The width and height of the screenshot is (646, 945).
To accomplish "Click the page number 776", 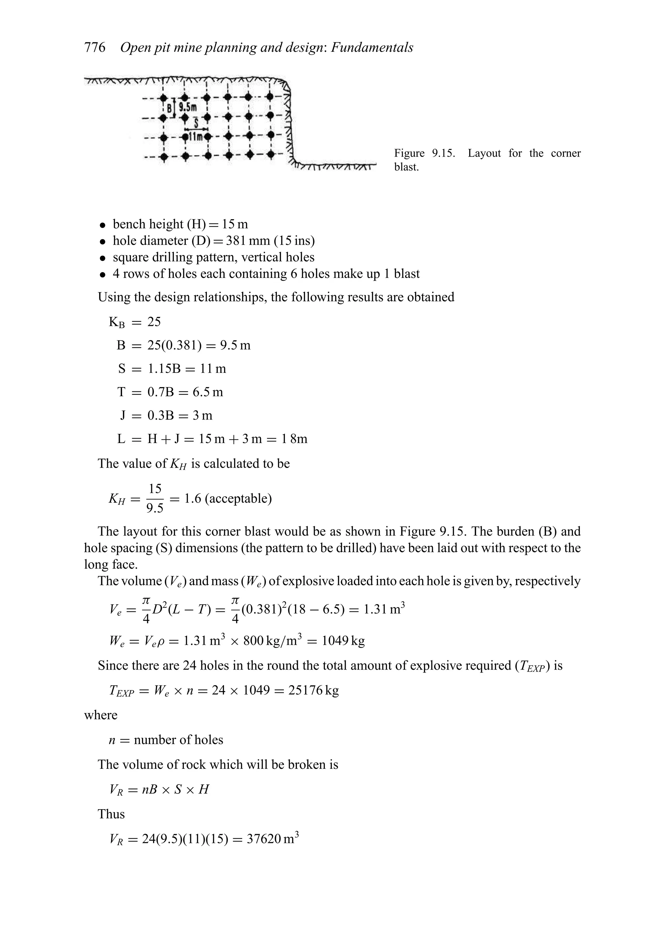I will point(95,48).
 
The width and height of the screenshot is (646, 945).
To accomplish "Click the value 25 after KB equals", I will point(154,322).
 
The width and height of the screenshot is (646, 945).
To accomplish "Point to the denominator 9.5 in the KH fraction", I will point(155,508).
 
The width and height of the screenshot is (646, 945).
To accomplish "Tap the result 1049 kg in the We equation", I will point(343,641).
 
